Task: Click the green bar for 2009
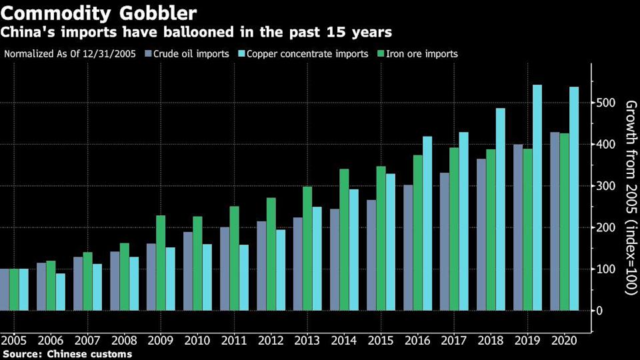click(161, 263)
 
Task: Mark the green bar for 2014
click(344, 239)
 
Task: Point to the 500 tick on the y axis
click(604, 103)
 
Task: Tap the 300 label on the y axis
click(604, 186)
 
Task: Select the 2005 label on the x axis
click(14, 340)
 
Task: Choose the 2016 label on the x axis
click(417, 340)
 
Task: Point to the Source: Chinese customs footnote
click(67, 354)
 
